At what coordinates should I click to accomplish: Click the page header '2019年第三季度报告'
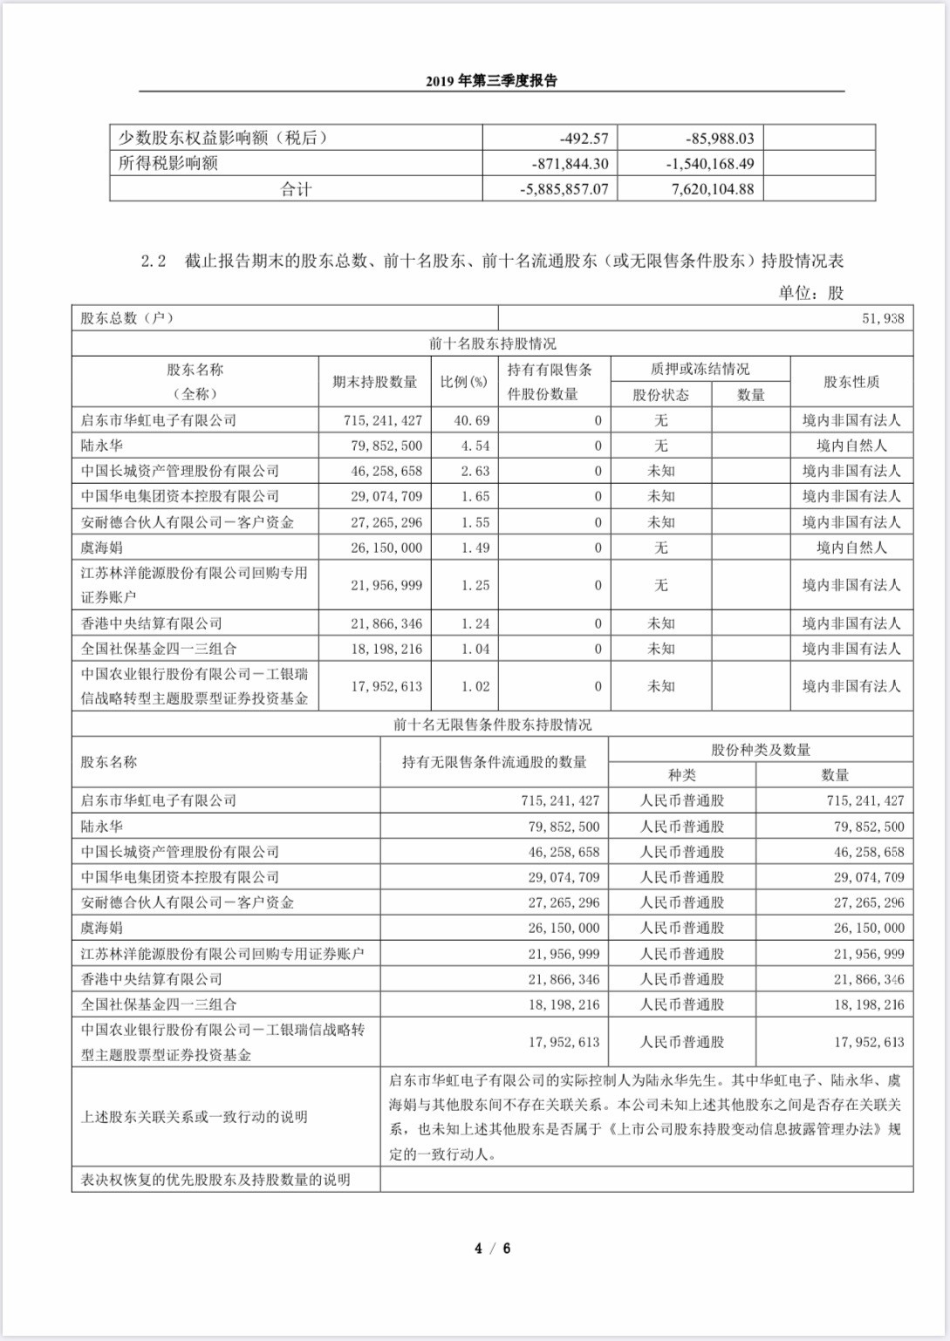pos(491,81)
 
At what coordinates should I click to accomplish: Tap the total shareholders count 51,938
pos(883,318)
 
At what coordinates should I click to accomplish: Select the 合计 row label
pos(296,189)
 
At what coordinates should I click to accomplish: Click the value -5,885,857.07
pos(564,189)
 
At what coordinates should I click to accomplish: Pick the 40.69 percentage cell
pos(472,420)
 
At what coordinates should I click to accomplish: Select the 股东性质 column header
pos(851,382)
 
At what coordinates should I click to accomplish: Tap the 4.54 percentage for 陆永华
pos(475,446)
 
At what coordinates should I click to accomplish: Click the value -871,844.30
pos(570,164)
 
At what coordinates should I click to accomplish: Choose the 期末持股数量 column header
pos(374,382)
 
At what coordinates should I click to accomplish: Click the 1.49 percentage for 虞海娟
pos(475,548)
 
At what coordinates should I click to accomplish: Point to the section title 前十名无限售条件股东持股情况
pos(492,725)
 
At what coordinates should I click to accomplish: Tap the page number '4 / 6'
pos(492,1248)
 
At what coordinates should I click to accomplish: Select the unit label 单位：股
pos(810,293)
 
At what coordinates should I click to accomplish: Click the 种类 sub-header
pos(681,775)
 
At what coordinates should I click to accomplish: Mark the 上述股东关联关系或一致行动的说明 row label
pos(194,1117)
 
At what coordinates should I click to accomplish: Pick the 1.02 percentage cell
pos(475,686)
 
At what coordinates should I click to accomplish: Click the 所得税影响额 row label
pos(168,164)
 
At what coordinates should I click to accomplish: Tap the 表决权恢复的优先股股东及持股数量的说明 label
pos(215,1180)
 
